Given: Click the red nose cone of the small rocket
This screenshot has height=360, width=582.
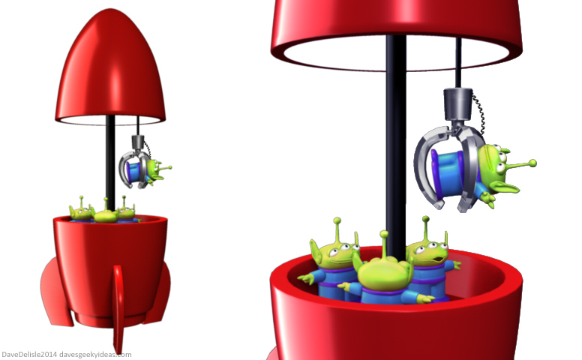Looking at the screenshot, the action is pos(110,67).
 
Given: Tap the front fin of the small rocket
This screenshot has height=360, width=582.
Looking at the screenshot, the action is pos(118,309).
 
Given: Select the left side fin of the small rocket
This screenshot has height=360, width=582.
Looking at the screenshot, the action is pos(56,293).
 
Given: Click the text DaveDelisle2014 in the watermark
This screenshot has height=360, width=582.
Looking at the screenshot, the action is pos(29,355).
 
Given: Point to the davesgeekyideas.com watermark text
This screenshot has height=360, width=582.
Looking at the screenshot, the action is pos(95,355).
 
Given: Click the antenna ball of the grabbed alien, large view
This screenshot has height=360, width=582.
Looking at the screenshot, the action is pos(532,163).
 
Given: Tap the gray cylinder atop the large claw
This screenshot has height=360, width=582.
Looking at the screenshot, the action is pos(458,104).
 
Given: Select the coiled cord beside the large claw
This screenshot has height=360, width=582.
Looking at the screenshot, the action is pos(478,114).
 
